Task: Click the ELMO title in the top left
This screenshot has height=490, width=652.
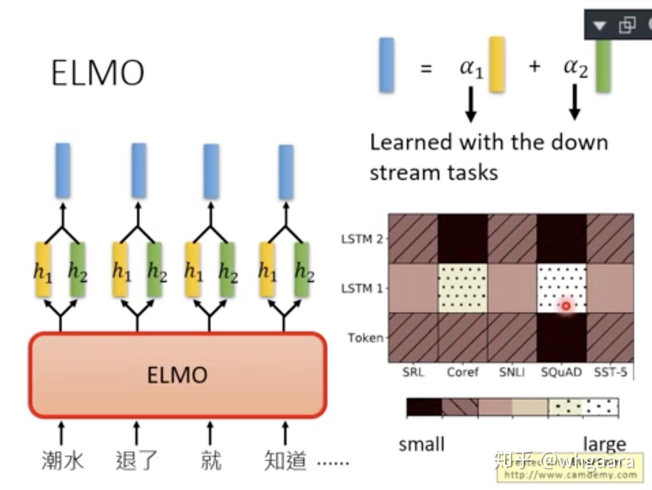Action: [98, 72]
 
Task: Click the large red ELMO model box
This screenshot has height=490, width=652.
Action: [177, 375]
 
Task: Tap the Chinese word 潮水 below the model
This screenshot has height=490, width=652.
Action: [62, 460]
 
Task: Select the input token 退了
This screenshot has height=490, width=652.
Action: [136, 460]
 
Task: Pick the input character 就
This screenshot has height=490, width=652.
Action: [210, 460]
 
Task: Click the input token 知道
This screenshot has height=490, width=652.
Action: [285, 460]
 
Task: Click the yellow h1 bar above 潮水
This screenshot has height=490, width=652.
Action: [43, 270]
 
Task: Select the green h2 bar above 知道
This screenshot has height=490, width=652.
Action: [302, 270]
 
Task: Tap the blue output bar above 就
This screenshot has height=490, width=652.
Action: [211, 171]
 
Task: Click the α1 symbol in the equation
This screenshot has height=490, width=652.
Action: [471, 67]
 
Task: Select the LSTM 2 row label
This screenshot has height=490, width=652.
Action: [362, 239]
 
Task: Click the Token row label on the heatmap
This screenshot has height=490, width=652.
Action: [366, 338]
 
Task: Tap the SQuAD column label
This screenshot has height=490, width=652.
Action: [561, 372]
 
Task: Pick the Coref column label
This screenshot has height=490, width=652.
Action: [462, 372]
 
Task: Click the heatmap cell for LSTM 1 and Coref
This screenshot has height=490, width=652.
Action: [463, 288]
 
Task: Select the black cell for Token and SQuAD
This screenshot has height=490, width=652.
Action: [562, 338]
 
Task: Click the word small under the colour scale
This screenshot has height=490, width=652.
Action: [421, 444]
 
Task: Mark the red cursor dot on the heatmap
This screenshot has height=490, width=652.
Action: [566, 306]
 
